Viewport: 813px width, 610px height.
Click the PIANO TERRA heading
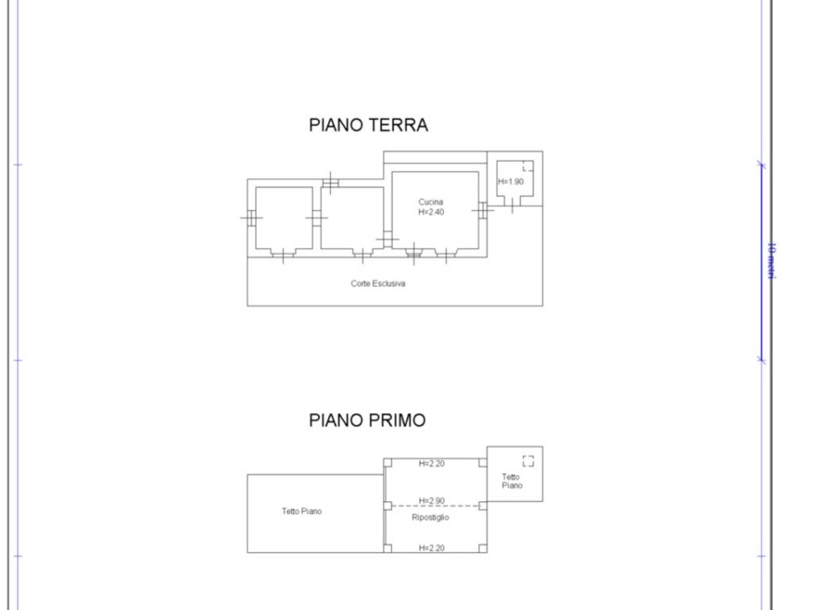pos(368,125)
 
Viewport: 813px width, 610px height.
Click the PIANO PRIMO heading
pos(367,420)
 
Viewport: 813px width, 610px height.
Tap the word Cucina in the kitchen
pos(431,202)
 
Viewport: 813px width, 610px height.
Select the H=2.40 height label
pos(431,212)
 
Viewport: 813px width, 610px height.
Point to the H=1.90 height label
pos(511,182)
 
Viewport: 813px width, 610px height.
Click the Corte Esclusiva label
pos(378,284)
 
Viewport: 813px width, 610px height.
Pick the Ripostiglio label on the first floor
pos(430,517)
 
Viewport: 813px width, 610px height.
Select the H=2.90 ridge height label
pos(432,500)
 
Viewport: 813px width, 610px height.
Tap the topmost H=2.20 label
pos(432,464)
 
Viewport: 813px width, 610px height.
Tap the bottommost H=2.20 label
pos(432,548)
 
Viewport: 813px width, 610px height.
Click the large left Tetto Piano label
pos(302,512)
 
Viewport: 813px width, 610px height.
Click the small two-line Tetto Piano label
pos(512,481)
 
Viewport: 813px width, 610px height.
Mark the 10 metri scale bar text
pos(771,261)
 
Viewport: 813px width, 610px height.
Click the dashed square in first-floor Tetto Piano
pos(528,461)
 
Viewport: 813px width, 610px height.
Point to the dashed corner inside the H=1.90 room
pos(527,166)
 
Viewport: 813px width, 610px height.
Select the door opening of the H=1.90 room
pos(512,206)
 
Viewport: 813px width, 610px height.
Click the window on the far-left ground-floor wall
pos(251,217)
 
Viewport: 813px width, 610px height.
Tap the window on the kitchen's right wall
pos(481,210)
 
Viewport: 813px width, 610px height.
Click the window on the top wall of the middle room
pos(330,183)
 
